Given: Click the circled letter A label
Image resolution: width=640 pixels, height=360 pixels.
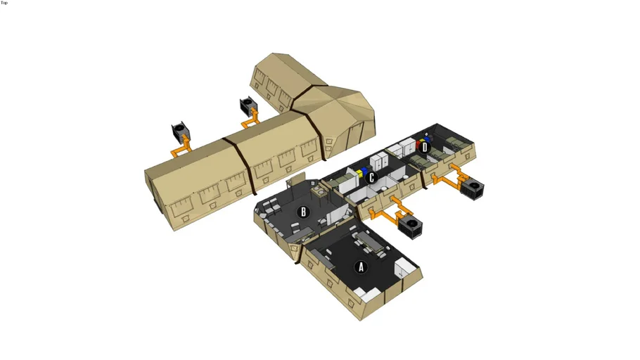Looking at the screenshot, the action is point(360,267).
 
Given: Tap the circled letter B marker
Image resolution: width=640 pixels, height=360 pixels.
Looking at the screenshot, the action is point(303,212).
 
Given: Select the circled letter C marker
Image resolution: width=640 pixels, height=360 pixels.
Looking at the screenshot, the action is point(371,178).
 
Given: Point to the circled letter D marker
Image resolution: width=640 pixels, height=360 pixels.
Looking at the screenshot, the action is point(425,148).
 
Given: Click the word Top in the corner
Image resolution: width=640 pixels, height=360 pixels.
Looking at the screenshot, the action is point(4,3).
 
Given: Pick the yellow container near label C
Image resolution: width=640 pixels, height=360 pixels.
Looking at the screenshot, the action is point(359,174).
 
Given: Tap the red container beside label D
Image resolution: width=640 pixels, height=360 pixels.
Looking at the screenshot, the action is point(418,144).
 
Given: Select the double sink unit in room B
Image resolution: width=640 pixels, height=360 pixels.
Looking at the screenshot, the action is point(319,191).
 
